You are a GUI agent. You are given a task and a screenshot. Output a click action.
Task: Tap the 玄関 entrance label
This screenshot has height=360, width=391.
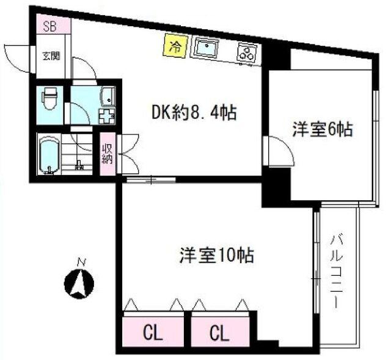coord(51,56)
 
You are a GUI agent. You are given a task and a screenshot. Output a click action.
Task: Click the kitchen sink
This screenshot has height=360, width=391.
coord(208,48)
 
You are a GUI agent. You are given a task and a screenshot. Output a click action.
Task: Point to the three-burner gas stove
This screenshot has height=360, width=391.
coord(246,53)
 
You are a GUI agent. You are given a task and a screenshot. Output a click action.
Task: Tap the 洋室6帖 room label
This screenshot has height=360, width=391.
coord(322,129)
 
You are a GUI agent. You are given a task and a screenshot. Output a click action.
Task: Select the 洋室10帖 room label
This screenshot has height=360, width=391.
coord(217,255)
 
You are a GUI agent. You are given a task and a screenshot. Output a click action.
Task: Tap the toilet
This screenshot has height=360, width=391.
coord(49,98)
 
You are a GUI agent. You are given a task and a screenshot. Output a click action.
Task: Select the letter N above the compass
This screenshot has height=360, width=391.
coord(79,263)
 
